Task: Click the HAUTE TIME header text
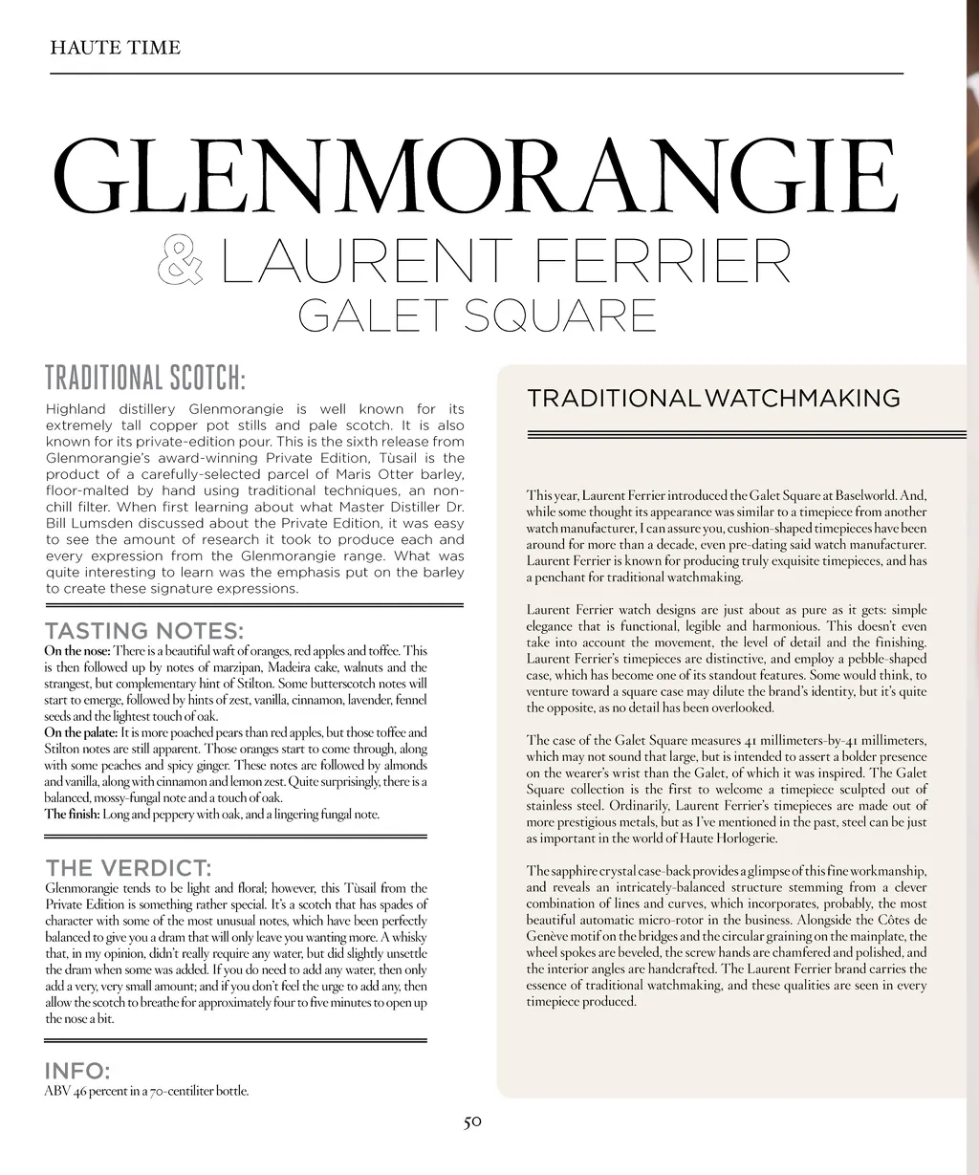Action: [x=115, y=47]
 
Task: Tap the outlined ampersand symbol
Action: [x=180, y=260]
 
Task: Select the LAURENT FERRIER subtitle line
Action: [x=506, y=260]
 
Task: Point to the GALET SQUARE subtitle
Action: [x=477, y=315]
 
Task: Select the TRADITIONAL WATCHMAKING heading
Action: [x=713, y=398]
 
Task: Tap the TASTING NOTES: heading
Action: [x=144, y=631]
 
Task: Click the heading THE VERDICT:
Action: [x=128, y=868]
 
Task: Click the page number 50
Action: [x=472, y=1121]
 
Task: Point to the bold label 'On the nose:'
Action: [x=77, y=651]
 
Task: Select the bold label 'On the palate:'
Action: [x=81, y=732]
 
